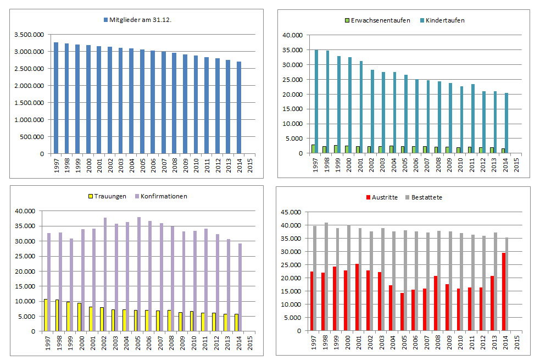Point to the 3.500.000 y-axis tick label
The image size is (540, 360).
[30, 35]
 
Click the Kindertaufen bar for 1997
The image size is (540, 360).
[316, 102]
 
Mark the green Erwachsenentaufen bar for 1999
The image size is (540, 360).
[336, 149]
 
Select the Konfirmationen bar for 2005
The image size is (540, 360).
[139, 274]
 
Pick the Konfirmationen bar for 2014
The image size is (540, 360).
[240, 287]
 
